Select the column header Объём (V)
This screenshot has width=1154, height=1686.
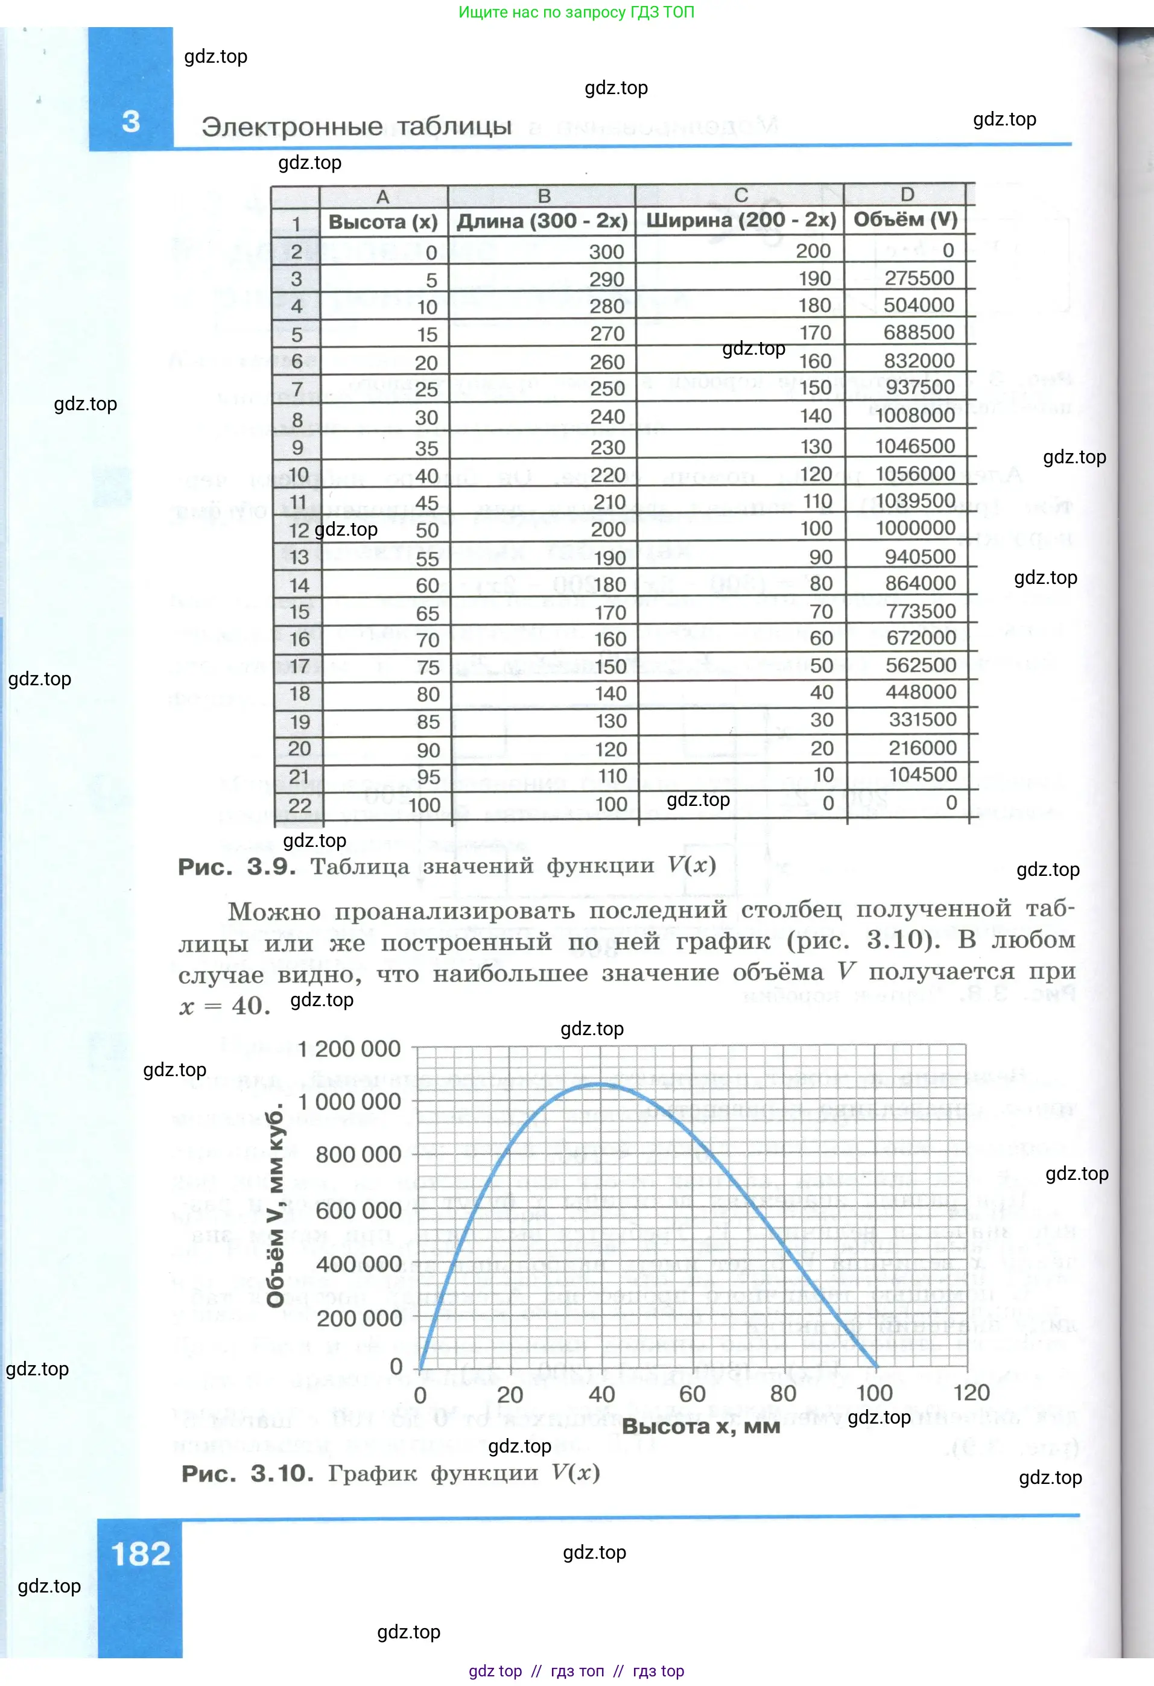pos(905,219)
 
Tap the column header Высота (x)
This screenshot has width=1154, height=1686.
pos(383,221)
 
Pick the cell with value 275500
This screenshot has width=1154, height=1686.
pos(918,278)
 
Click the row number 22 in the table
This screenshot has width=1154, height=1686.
pos(300,805)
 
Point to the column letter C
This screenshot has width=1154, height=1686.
pos(741,195)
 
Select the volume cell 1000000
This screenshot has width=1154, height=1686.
pos(915,528)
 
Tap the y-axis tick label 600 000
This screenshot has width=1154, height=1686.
pos(358,1210)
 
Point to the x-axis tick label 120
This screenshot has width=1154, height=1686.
pos(971,1393)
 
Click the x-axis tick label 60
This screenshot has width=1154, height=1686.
pos(692,1393)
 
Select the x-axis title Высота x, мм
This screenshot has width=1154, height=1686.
pos(701,1426)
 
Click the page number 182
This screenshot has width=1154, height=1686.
pos(140,1553)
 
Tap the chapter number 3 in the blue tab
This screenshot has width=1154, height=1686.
pos(130,121)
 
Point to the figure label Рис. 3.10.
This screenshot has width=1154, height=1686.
pos(247,1474)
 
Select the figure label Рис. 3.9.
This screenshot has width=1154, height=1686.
pos(236,866)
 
